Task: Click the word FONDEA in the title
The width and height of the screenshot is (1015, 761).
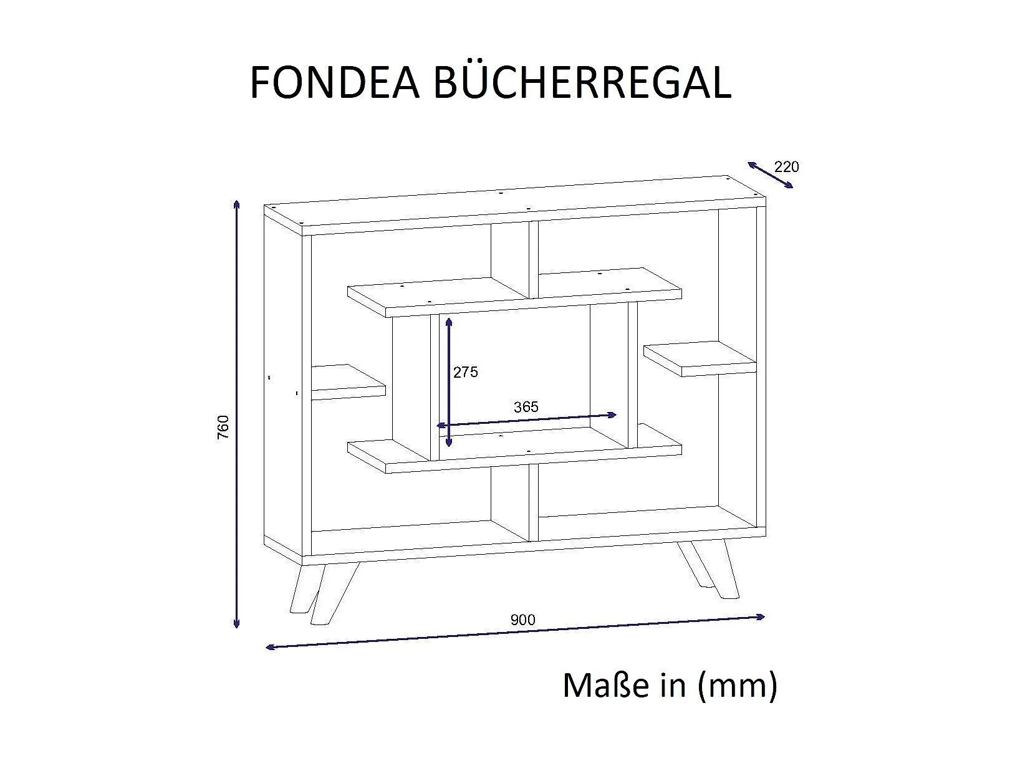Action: point(334,82)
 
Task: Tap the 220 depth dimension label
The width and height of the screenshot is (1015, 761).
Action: point(786,167)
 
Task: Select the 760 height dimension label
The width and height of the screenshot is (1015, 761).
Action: point(224,427)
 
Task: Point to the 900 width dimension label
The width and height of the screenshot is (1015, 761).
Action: point(522,620)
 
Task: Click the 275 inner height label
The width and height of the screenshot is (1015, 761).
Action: point(465,372)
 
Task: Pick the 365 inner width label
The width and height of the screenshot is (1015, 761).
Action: point(526,407)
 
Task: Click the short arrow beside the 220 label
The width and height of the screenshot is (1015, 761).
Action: point(770,175)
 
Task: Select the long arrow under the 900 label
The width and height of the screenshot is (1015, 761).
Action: point(515,632)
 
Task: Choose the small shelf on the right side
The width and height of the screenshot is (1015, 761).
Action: point(700,358)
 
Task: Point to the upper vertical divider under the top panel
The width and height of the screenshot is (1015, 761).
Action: point(534,259)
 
